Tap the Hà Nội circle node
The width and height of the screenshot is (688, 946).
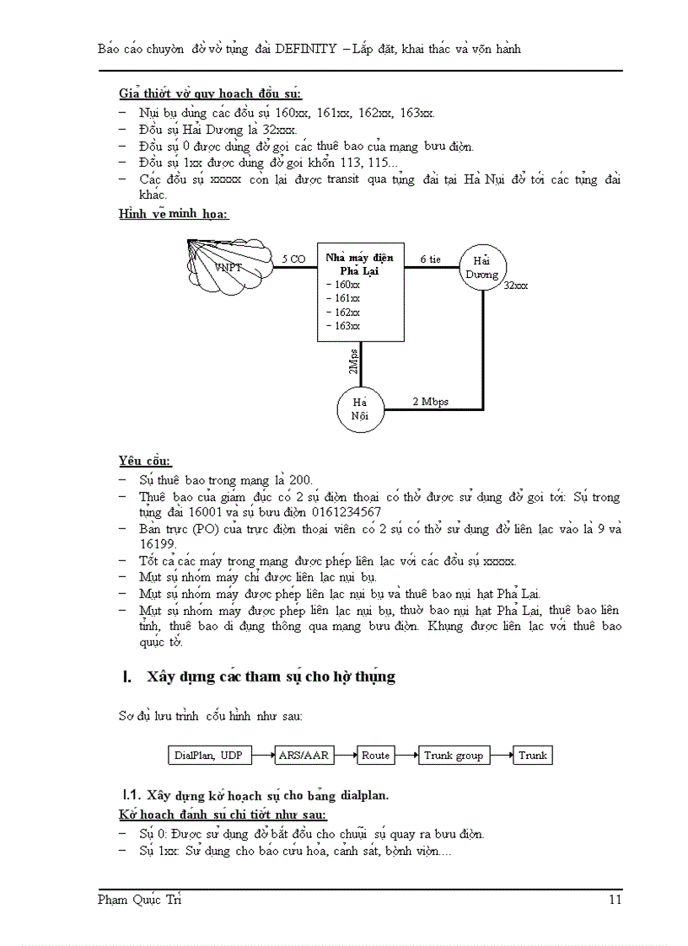click(x=360, y=409)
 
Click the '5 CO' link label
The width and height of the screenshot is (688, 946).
click(x=293, y=259)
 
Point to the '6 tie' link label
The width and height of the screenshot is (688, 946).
click(x=430, y=259)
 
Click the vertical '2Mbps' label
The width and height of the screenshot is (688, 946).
click(x=353, y=360)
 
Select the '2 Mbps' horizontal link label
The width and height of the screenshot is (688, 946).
click(x=430, y=402)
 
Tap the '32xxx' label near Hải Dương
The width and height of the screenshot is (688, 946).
click(x=515, y=286)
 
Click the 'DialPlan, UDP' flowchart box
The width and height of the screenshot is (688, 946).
click(x=208, y=756)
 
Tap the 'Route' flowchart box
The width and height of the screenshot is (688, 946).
click(x=375, y=756)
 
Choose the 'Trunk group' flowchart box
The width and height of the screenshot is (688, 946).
click(x=453, y=756)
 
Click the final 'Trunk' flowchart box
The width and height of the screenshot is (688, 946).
click(x=532, y=756)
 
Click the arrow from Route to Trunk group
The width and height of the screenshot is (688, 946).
click(x=406, y=756)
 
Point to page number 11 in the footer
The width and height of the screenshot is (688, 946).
click(x=615, y=900)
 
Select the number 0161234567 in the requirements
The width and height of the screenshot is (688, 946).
click(x=347, y=512)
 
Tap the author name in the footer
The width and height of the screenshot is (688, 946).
click(x=139, y=900)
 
